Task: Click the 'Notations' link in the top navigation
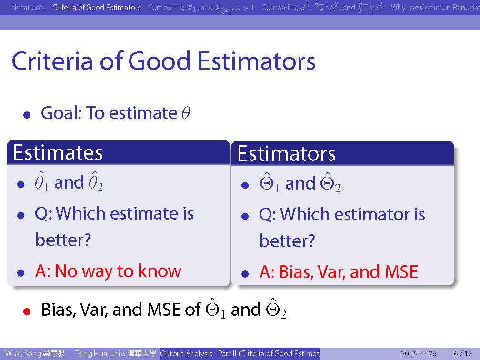[x=27, y=7]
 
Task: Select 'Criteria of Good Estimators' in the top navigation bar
[x=96, y=7]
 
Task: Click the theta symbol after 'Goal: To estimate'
[x=186, y=113]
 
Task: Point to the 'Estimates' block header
[x=58, y=152]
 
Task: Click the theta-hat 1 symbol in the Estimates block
[x=41, y=182]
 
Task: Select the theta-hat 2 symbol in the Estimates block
[x=96, y=182]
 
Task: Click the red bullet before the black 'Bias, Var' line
[x=27, y=311]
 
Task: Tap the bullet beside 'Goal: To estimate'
[x=27, y=115]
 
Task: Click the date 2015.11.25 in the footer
[x=419, y=353]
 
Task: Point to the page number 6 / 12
[x=463, y=353]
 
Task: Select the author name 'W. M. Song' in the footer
[x=23, y=353]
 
